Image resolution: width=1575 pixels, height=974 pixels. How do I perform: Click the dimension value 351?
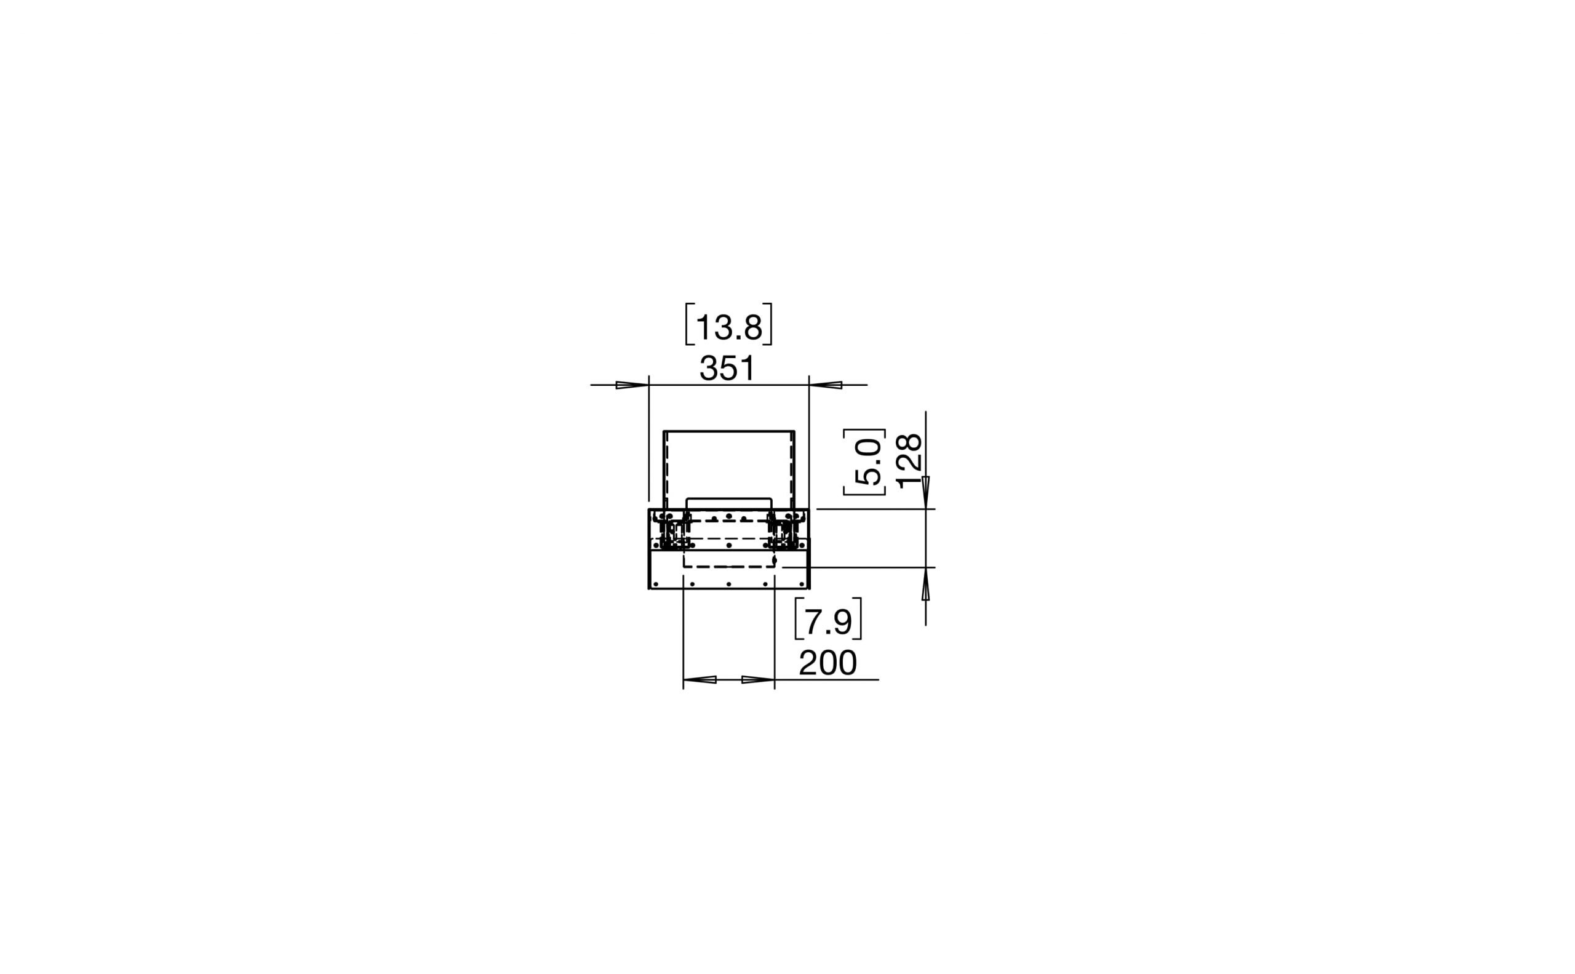click(727, 369)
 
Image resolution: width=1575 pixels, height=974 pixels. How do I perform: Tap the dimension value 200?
click(827, 663)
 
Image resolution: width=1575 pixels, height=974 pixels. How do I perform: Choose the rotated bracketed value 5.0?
click(866, 462)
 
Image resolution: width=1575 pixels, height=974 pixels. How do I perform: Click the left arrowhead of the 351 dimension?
click(632, 385)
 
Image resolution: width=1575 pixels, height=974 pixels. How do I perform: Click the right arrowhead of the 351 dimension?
click(826, 385)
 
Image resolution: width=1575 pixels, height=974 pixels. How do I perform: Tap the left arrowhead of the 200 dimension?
click(700, 680)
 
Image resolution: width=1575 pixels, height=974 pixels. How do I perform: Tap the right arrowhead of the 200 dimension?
click(757, 680)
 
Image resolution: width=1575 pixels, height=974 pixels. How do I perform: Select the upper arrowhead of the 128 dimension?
click(926, 492)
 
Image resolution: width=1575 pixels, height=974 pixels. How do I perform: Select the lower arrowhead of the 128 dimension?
click(926, 585)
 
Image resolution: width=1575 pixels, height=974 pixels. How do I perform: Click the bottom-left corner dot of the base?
click(656, 585)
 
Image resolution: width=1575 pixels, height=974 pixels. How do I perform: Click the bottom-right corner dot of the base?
click(802, 585)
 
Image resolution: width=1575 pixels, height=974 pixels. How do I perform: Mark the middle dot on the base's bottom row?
click(728, 585)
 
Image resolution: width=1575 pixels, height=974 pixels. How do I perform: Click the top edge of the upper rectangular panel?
click(729, 431)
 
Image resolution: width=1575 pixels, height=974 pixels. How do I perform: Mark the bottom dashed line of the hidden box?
click(728, 567)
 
